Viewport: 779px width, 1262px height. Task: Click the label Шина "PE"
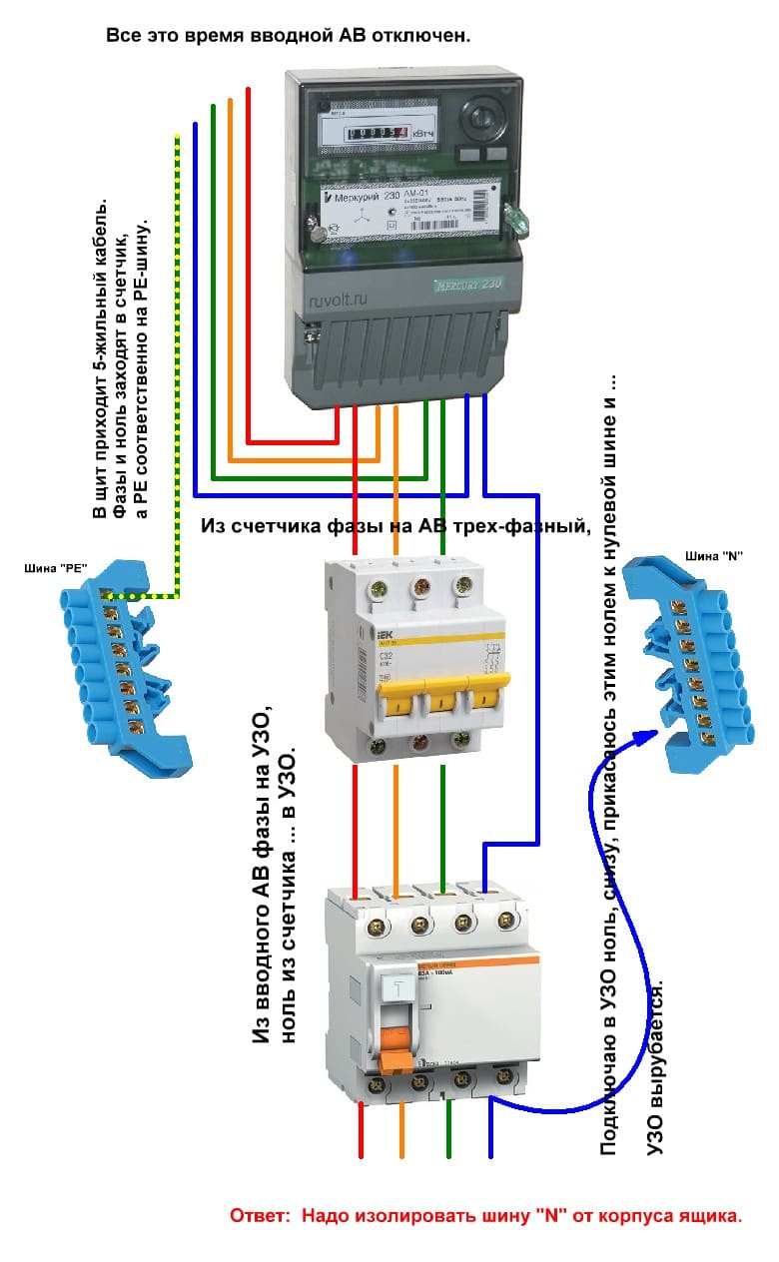coord(55,568)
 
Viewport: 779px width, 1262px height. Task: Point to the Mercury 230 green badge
coord(467,284)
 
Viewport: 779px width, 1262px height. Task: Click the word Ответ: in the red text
coord(262,1217)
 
